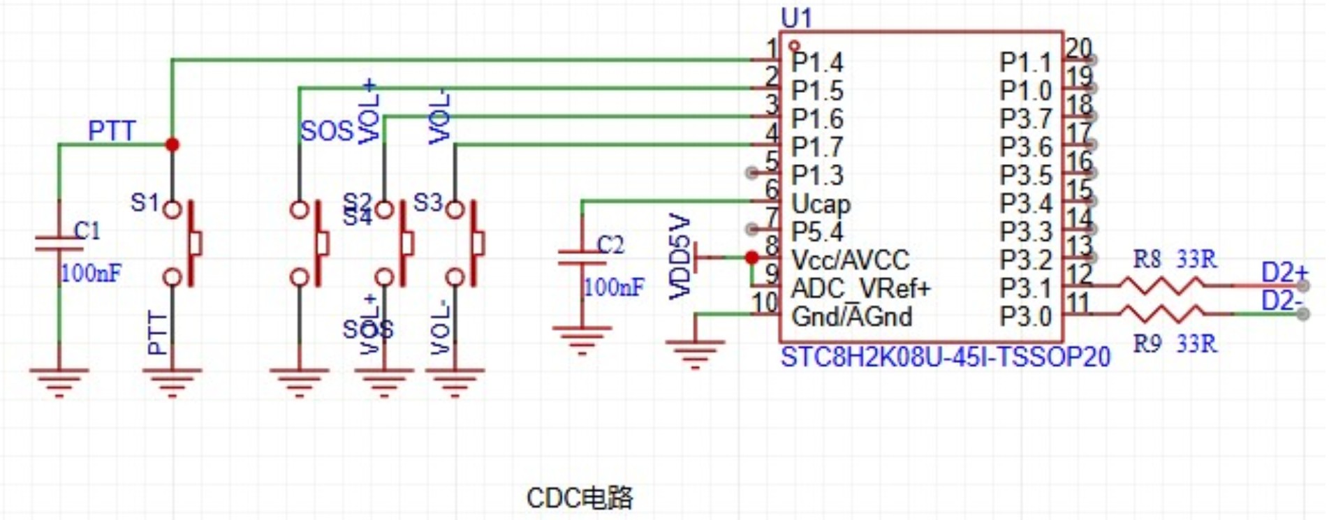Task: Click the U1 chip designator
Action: [796, 18]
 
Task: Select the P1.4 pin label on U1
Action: [816, 63]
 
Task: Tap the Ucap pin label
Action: [821, 204]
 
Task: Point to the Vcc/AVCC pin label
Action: [850, 260]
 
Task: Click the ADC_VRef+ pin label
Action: [860, 288]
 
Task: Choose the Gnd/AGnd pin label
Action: [851, 317]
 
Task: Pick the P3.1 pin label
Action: [1025, 288]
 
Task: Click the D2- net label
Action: [1282, 301]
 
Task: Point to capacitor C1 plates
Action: [59, 244]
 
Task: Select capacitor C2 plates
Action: [582, 258]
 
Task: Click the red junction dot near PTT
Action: [172, 144]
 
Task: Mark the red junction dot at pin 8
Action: [751, 258]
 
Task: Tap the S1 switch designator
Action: [145, 202]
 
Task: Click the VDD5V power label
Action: [680, 257]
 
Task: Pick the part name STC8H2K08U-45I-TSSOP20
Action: [945, 357]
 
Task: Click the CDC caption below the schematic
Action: [579, 498]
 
